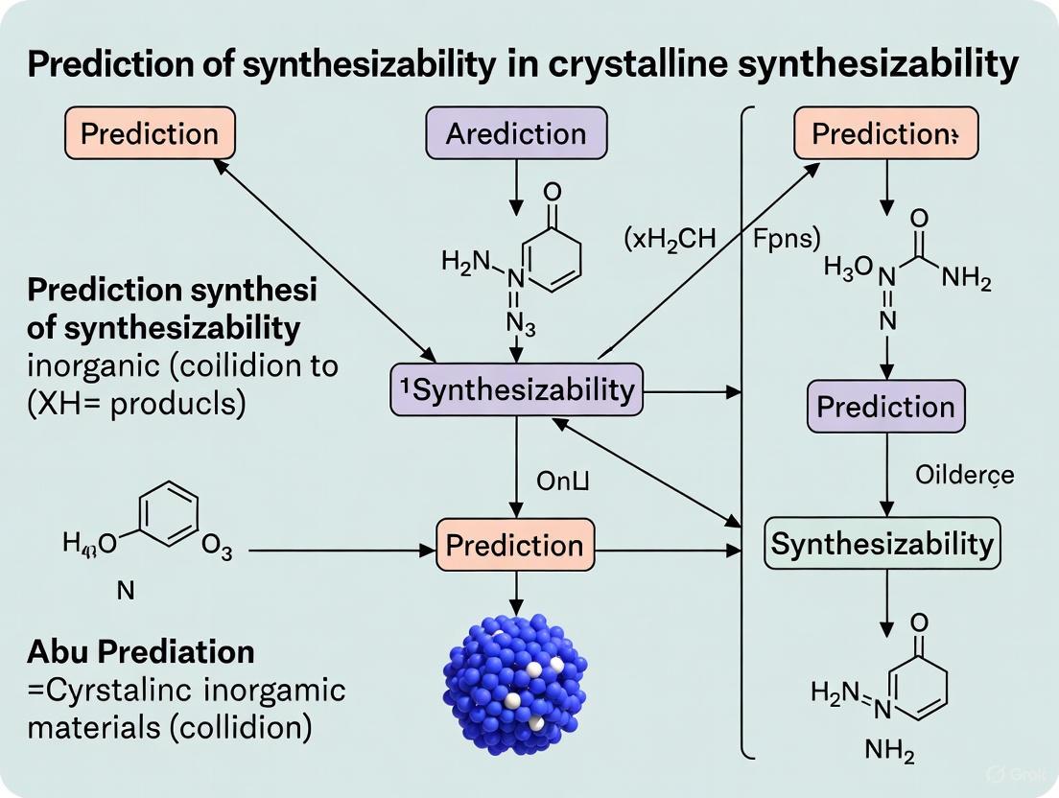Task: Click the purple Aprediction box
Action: [x=516, y=133]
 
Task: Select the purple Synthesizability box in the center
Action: [x=516, y=389]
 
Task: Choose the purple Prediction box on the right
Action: [x=885, y=408]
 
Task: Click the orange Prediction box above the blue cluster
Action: [x=515, y=546]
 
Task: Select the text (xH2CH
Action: [x=670, y=240]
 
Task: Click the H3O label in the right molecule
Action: [x=848, y=268]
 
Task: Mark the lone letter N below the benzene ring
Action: [x=125, y=591]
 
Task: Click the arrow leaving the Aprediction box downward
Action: [x=516, y=182]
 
